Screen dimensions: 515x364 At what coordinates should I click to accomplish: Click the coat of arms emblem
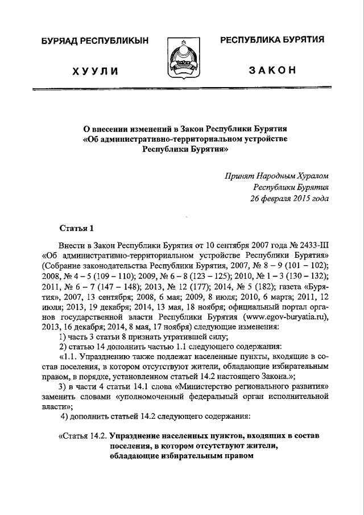pos(181,59)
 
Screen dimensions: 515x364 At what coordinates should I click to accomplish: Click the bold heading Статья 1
pos(76,229)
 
